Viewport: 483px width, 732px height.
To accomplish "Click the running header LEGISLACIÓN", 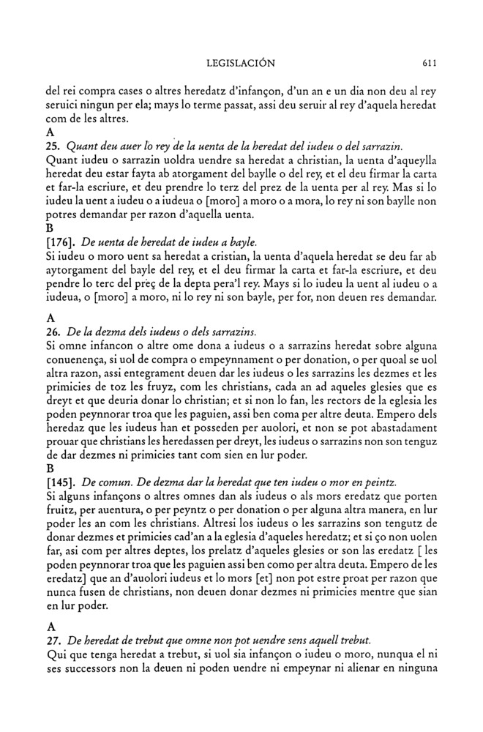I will click(x=241, y=64).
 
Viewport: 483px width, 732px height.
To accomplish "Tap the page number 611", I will click(x=430, y=64).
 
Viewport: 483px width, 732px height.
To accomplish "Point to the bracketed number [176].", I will click(x=61, y=241).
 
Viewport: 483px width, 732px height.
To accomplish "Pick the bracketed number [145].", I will click(x=61, y=484).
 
